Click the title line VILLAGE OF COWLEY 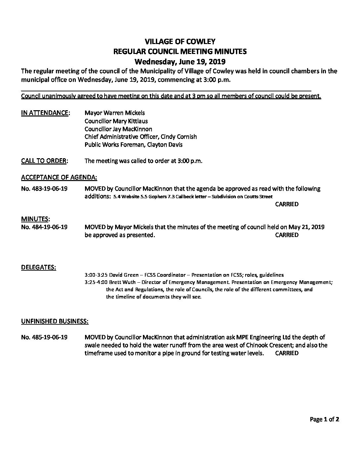point(180,41)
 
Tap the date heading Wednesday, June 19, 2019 point(180,61)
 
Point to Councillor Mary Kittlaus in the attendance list point(116,121)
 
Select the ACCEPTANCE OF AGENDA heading point(59,177)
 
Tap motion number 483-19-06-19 point(44,189)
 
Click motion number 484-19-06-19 point(44,227)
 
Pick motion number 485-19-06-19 point(44,338)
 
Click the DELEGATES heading point(38,267)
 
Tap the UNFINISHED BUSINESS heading point(55,321)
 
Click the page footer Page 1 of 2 point(324,420)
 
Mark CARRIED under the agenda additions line point(287,204)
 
